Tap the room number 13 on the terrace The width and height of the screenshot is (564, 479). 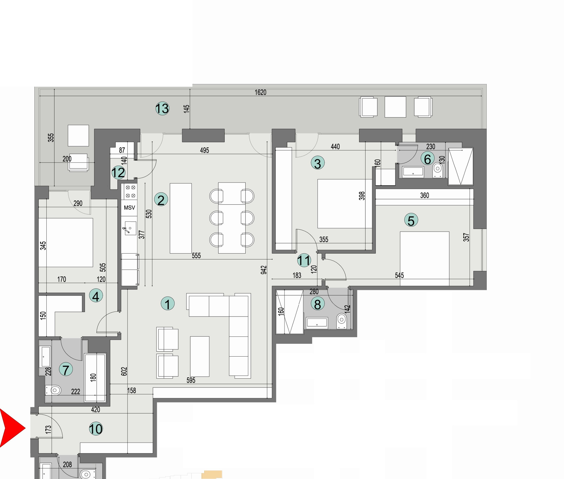point(162,109)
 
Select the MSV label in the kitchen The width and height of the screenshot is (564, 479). point(129,208)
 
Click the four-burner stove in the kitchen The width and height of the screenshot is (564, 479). point(130,191)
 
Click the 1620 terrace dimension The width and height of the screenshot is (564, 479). point(260,93)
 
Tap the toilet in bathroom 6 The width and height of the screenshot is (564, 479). point(437,170)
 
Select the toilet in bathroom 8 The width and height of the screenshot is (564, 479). point(342,321)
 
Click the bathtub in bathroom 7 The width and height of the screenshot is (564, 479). point(95,377)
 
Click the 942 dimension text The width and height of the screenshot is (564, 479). point(264,270)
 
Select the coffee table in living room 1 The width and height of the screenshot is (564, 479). point(200,356)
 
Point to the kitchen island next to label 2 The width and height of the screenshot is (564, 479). point(181,218)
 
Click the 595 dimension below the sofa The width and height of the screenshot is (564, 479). point(191,380)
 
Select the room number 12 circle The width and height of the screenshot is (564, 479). point(118,173)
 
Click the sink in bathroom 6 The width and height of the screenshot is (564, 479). point(413,171)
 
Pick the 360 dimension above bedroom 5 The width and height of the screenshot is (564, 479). point(424,195)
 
